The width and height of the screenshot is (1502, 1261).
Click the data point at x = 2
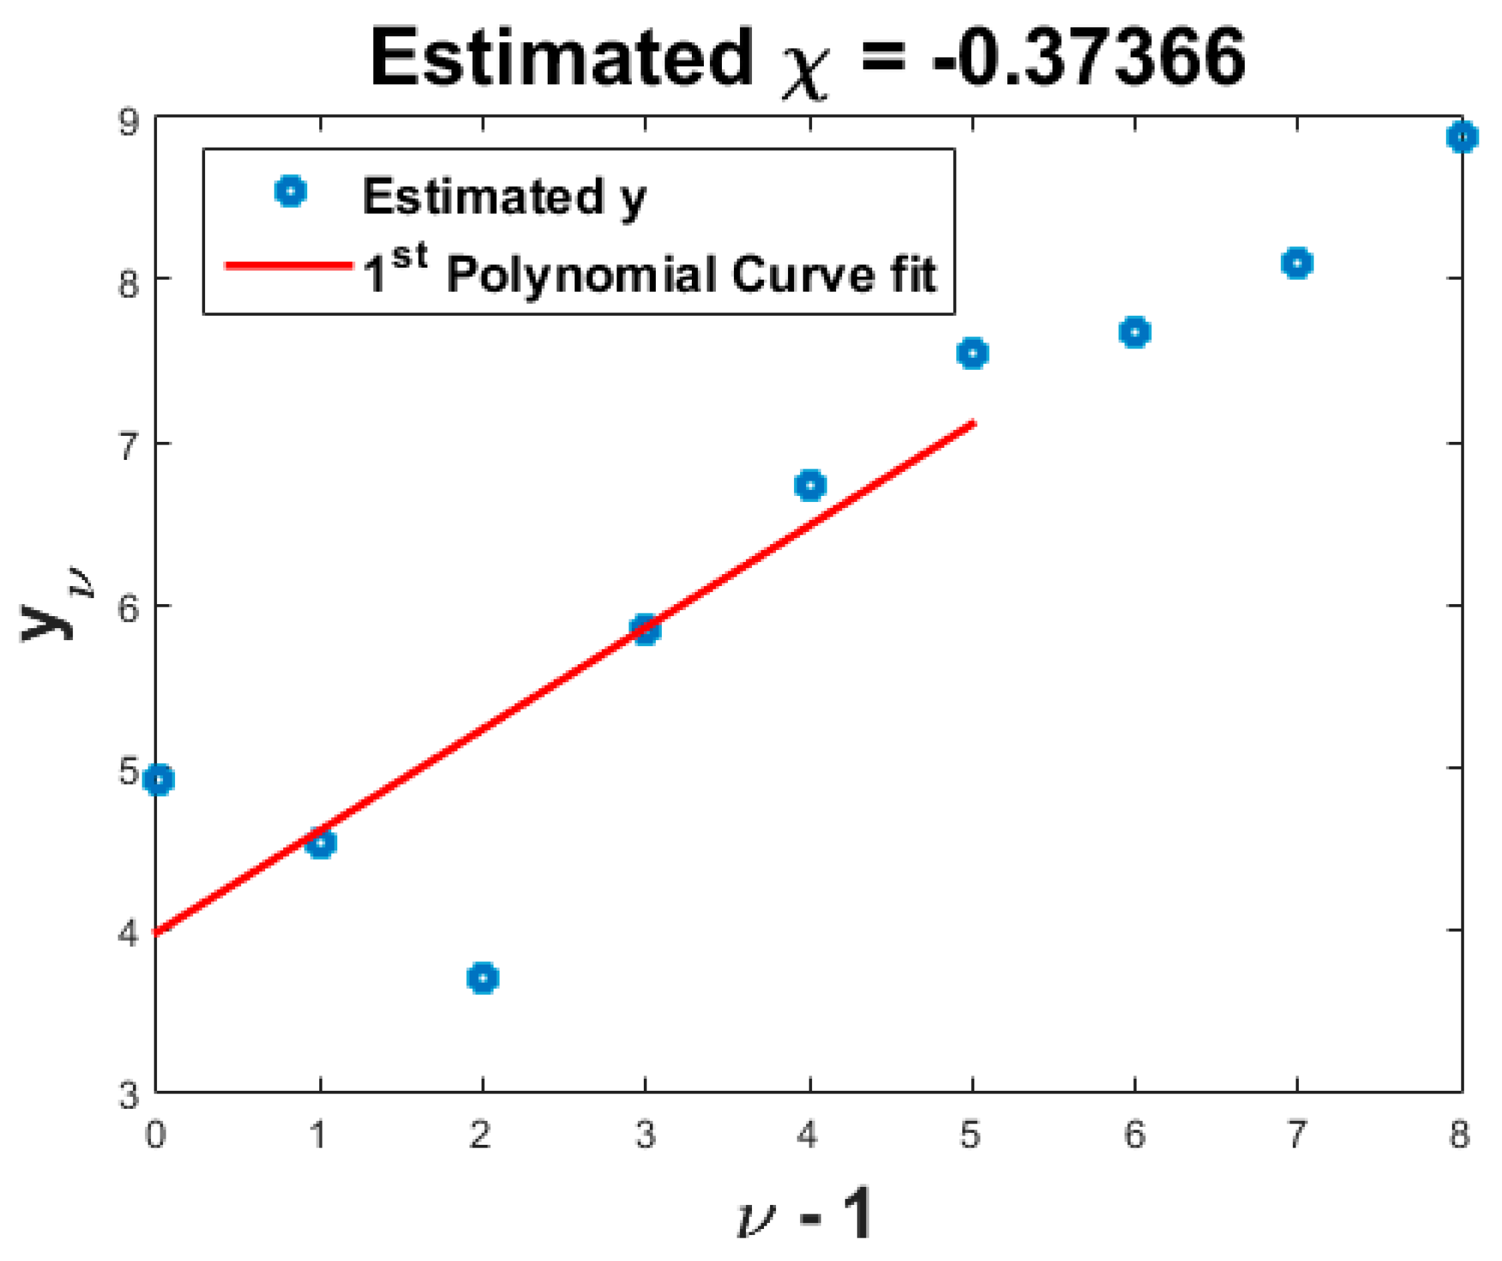tap(483, 977)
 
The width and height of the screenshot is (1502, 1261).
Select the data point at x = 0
tap(159, 779)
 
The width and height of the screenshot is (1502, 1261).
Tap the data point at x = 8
tap(1462, 137)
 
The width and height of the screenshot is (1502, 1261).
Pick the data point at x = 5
tap(972, 353)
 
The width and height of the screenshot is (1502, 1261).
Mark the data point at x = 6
tap(1135, 332)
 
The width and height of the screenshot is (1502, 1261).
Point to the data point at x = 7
tap(1298, 264)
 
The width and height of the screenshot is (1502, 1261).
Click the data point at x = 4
tap(810, 486)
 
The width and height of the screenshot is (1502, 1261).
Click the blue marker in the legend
tap(291, 192)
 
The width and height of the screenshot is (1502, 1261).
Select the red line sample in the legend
tap(289, 266)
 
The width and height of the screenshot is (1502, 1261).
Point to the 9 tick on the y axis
tap(130, 122)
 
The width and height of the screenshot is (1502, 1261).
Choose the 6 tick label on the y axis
tap(130, 608)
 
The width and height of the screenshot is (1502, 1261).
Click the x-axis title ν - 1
tap(805, 1214)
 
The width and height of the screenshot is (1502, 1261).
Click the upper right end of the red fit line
tap(972, 423)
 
